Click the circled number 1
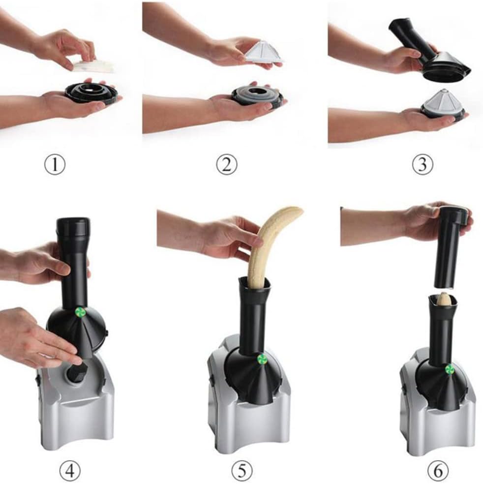point(55,165)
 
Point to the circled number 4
point(70,471)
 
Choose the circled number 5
point(242,471)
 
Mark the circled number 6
point(438,471)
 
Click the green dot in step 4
point(81,312)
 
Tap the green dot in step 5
point(262,359)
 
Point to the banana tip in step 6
point(443,298)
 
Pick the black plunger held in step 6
point(452,246)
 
